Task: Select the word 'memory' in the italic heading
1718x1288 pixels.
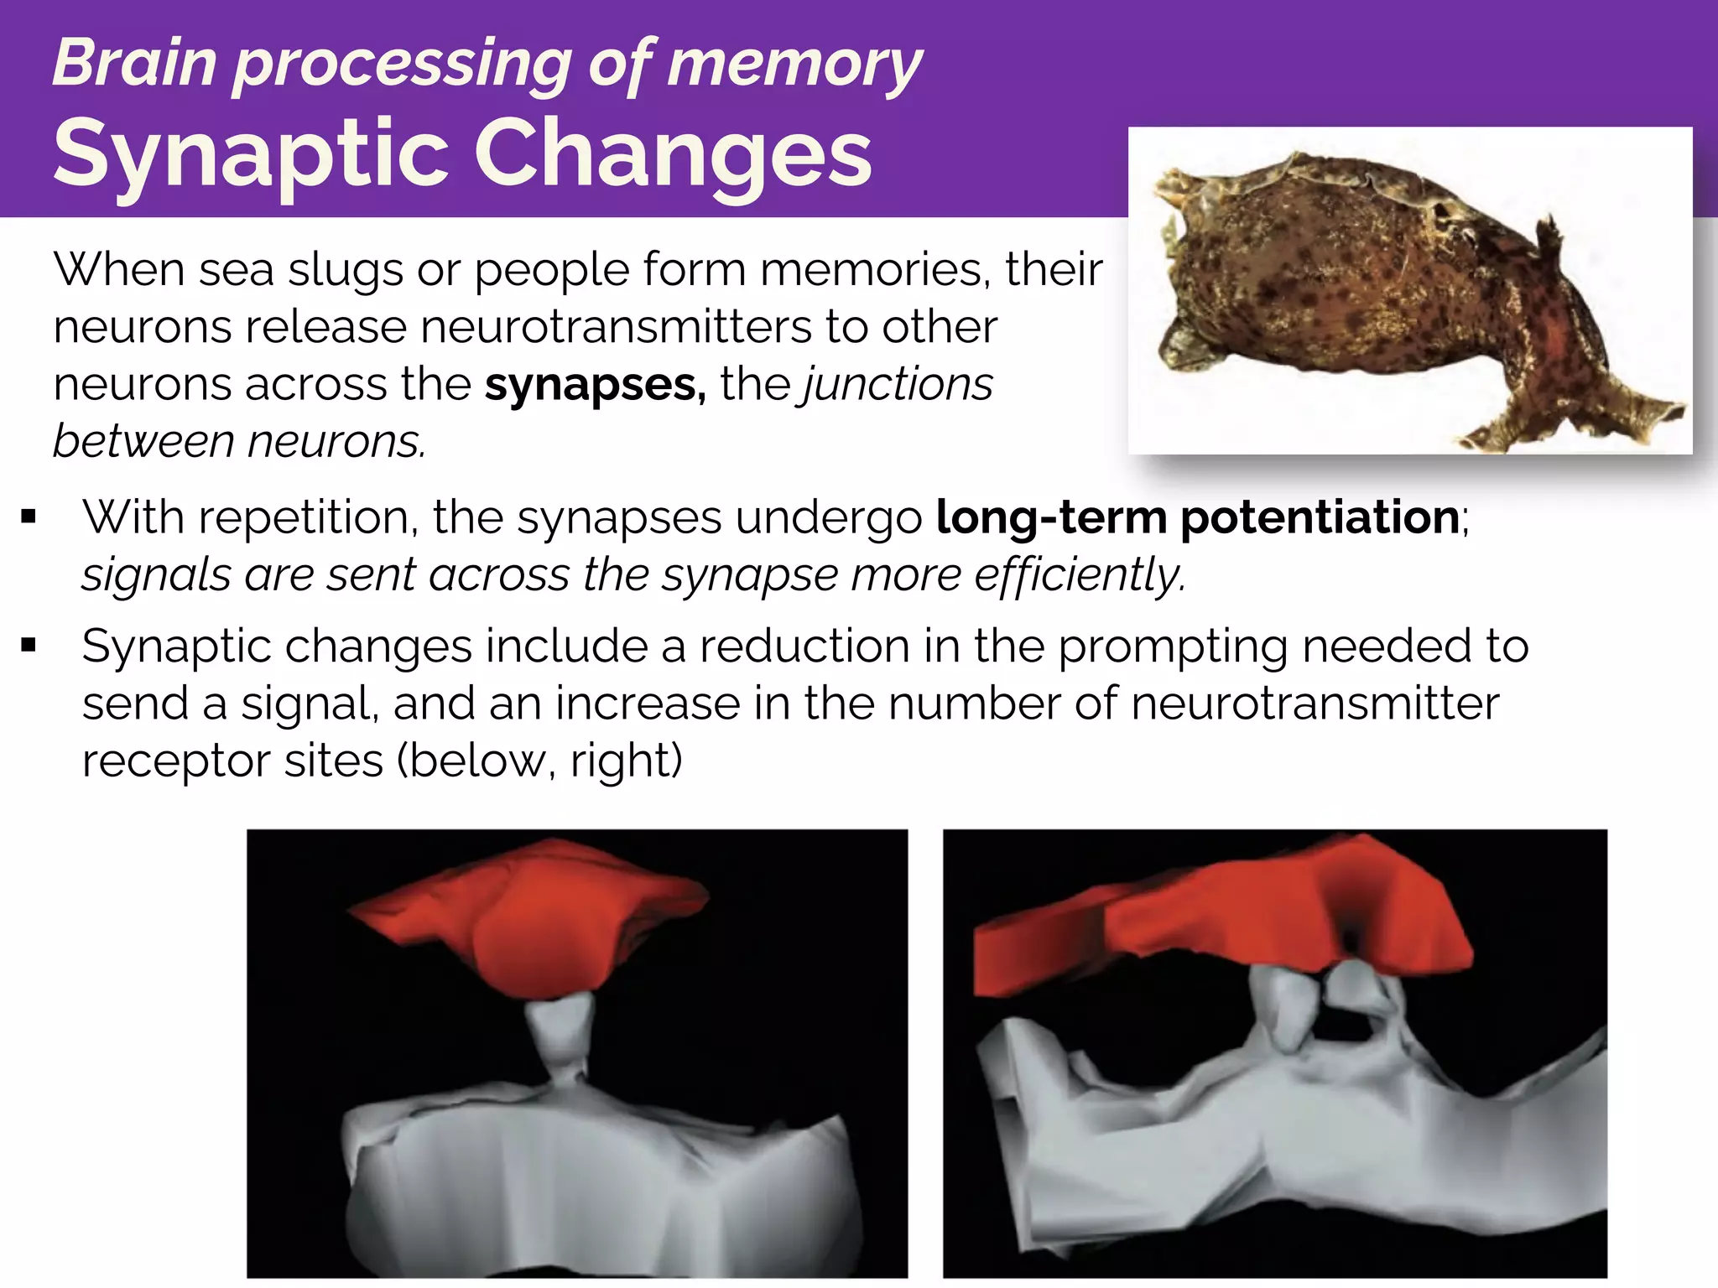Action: pyautogui.click(x=794, y=64)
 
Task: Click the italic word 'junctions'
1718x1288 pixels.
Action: pyautogui.click(x=898, y=384)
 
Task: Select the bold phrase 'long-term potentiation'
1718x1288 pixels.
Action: pyautogui.click(x=1197, y=517)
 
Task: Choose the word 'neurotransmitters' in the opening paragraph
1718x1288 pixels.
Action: pyautogui.click(x=617, y=326)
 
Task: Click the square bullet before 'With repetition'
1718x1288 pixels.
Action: pyautogui.click(x=30, y=517)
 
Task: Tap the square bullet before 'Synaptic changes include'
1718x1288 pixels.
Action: pyautogui.click(x=30, y=646)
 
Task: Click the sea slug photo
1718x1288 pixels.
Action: pyautogui.click(x=1409, y=293)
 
